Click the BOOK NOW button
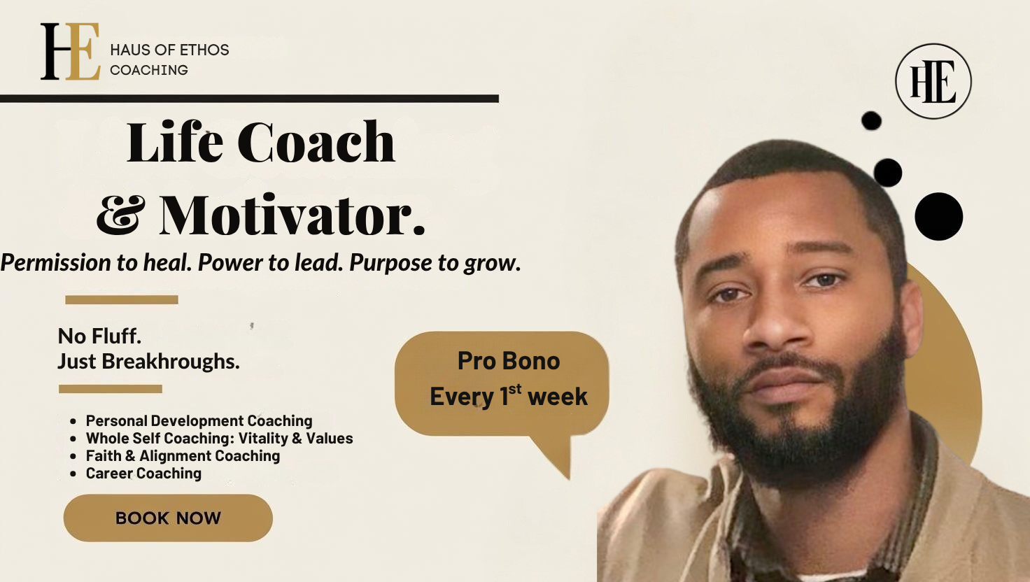pos(169,518)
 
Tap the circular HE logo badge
pos(933,81)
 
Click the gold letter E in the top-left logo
pos(83,52)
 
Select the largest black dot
pos(938,217)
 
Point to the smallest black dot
pos(871,121)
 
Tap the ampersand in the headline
pos(121,214)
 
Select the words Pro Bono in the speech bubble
pos(509,362)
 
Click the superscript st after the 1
pos(515,389)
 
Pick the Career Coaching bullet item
pos(143,474)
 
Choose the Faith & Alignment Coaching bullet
pos(183,456)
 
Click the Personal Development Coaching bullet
pos(199,421)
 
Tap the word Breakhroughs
pos(171,362)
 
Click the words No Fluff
pos(99,336)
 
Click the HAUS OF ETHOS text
pos(169,50)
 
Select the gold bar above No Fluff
pos(121,299)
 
